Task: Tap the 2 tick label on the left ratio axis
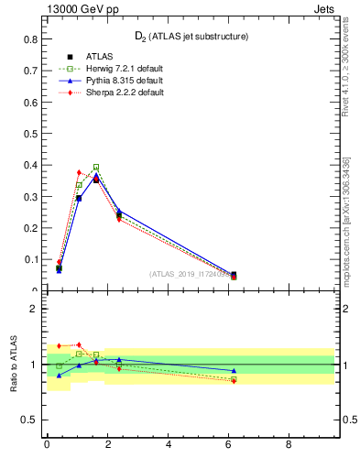(x=34, y=309)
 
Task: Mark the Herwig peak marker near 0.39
(x=96, y=168)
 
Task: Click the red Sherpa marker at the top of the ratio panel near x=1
(x=79, y=345)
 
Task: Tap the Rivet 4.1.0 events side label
(x=346, y=82)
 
